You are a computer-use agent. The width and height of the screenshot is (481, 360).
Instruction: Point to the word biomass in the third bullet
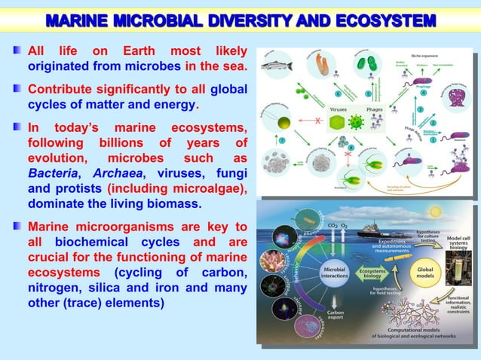[x=173, y=203]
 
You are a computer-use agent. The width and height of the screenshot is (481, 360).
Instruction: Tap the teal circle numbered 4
[x=423, y=94]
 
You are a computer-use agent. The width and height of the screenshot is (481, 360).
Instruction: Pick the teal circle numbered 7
[x=281, y=140]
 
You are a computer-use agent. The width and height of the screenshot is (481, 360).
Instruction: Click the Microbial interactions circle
[x=335, y=273]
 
